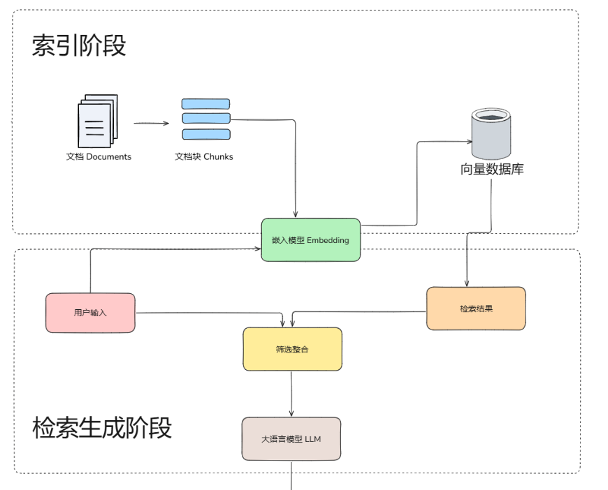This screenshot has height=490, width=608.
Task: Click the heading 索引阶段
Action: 79,46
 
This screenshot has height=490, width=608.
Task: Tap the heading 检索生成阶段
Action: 102,427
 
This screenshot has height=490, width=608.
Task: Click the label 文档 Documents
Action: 99,157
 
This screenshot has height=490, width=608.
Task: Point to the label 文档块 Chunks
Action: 203,157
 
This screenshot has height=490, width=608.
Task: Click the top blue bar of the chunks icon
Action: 205,103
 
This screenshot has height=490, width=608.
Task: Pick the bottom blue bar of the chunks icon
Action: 205,134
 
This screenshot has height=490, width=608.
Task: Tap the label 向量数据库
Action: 492,170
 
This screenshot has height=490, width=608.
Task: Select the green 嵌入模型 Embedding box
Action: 310,240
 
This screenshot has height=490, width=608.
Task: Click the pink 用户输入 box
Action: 90,313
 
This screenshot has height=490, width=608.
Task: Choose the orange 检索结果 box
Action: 476,309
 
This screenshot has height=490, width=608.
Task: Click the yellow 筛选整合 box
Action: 292,349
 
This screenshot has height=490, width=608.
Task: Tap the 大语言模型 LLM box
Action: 291,439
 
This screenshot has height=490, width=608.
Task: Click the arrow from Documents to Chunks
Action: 151,124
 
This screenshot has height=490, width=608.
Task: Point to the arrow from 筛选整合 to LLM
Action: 291,394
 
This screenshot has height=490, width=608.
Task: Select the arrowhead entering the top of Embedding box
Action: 296,214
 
